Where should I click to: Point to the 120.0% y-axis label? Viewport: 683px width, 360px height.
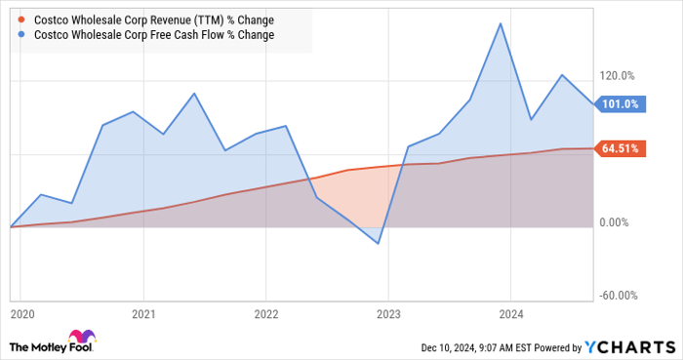(618, 76)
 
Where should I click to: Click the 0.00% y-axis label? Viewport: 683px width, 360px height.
(618, 223)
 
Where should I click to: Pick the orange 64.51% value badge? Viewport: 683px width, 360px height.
(620, 149)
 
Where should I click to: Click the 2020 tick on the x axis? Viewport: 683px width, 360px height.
(21, 314)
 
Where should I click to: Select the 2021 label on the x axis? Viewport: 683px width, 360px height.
(143, 314)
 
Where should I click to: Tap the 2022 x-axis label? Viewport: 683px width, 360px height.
(265, 314)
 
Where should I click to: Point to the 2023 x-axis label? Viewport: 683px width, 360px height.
(387, 314)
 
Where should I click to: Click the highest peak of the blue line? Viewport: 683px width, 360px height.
(501, 23)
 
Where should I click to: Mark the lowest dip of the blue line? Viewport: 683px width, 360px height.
(379, 243)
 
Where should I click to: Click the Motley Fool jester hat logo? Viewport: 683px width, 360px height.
(23, 345)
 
